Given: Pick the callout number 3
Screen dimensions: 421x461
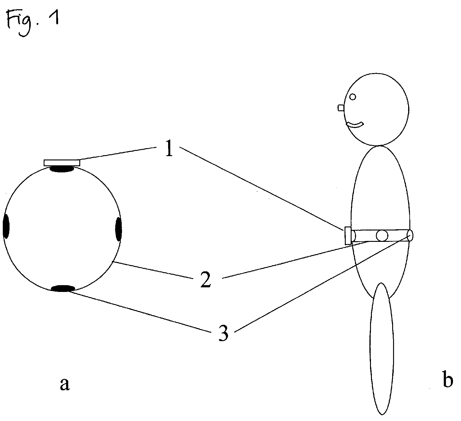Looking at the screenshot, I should (223, 333).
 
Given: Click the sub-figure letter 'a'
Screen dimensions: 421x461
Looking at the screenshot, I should (64, 384).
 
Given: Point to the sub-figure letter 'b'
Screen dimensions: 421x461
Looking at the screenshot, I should (447, 380).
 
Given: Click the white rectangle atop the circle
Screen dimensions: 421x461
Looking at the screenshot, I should (62, 163).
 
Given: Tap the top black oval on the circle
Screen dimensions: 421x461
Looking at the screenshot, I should (62, 169).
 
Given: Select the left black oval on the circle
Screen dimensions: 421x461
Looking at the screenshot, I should (6, 227).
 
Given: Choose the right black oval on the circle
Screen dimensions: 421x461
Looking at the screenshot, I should (119, 229).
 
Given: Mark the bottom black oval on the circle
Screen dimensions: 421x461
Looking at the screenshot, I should (63, 288).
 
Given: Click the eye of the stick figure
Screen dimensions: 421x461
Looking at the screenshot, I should (353, 97).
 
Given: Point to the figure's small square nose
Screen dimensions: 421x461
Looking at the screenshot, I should (341, 108).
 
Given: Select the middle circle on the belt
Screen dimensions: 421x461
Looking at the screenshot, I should (382, 236).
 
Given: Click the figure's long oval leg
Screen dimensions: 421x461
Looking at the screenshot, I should (382, 349).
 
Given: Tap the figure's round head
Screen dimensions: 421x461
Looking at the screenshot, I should (377, 109).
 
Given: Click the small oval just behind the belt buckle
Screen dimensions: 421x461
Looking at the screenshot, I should (353, 236).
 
